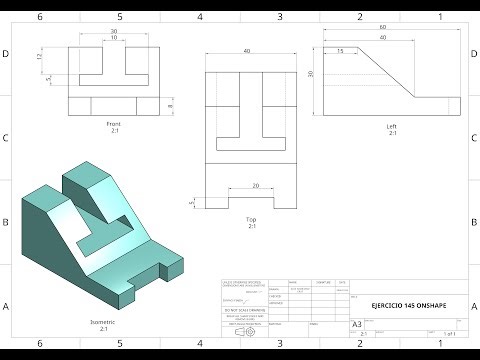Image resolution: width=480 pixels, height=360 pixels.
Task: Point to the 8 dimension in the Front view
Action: [171, 106]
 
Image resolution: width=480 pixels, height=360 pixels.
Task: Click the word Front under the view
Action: [113, 124]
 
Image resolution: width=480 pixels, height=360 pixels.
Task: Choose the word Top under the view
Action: [251, 218]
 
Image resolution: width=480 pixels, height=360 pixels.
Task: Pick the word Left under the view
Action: [392, 126]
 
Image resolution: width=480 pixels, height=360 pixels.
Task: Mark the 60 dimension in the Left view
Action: [382, 28]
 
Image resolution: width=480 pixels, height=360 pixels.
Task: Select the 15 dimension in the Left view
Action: [341, 50]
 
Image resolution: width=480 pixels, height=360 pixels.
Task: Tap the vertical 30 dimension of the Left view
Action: [312, 74]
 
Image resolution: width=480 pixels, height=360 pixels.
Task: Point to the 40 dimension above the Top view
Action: [247, 52]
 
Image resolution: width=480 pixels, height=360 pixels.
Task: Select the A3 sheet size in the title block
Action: [357, 324]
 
